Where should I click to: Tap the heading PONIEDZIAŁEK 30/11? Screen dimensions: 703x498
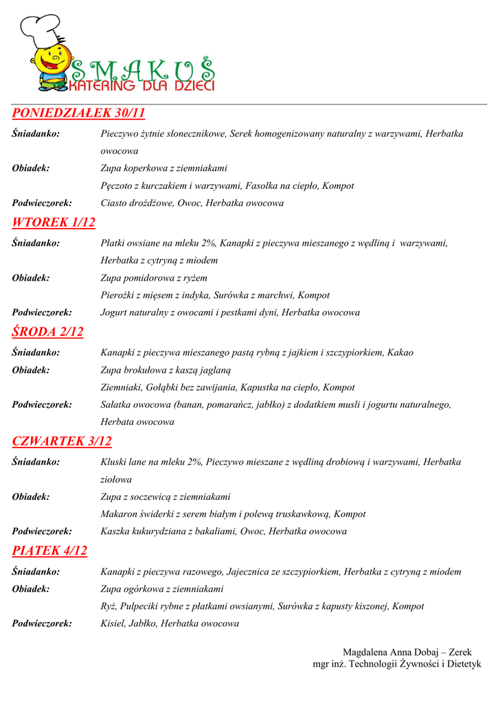[78, 113]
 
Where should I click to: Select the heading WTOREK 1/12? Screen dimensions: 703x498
[54, 222]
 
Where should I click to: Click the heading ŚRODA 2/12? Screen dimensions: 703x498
[47, 332]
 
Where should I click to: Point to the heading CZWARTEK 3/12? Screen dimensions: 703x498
[62, 441]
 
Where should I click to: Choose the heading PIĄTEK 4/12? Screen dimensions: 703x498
[49, 551]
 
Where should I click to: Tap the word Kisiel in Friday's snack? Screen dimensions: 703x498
[113, 624]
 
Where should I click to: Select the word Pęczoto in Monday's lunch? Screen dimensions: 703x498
[116, 186]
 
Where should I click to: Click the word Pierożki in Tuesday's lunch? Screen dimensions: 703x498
[117, 295]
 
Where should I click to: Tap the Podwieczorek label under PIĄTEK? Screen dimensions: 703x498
[42, 624]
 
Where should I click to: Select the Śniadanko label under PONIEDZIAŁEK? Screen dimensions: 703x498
[36, 134]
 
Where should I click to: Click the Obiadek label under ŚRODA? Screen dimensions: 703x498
[31, 370]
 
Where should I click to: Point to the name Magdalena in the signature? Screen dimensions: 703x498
[365, 652]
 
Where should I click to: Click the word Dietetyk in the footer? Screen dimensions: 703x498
[462, 664]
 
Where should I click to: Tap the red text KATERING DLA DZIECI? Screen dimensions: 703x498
[142, 87]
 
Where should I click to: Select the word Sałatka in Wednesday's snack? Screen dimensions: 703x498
[117, 405]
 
